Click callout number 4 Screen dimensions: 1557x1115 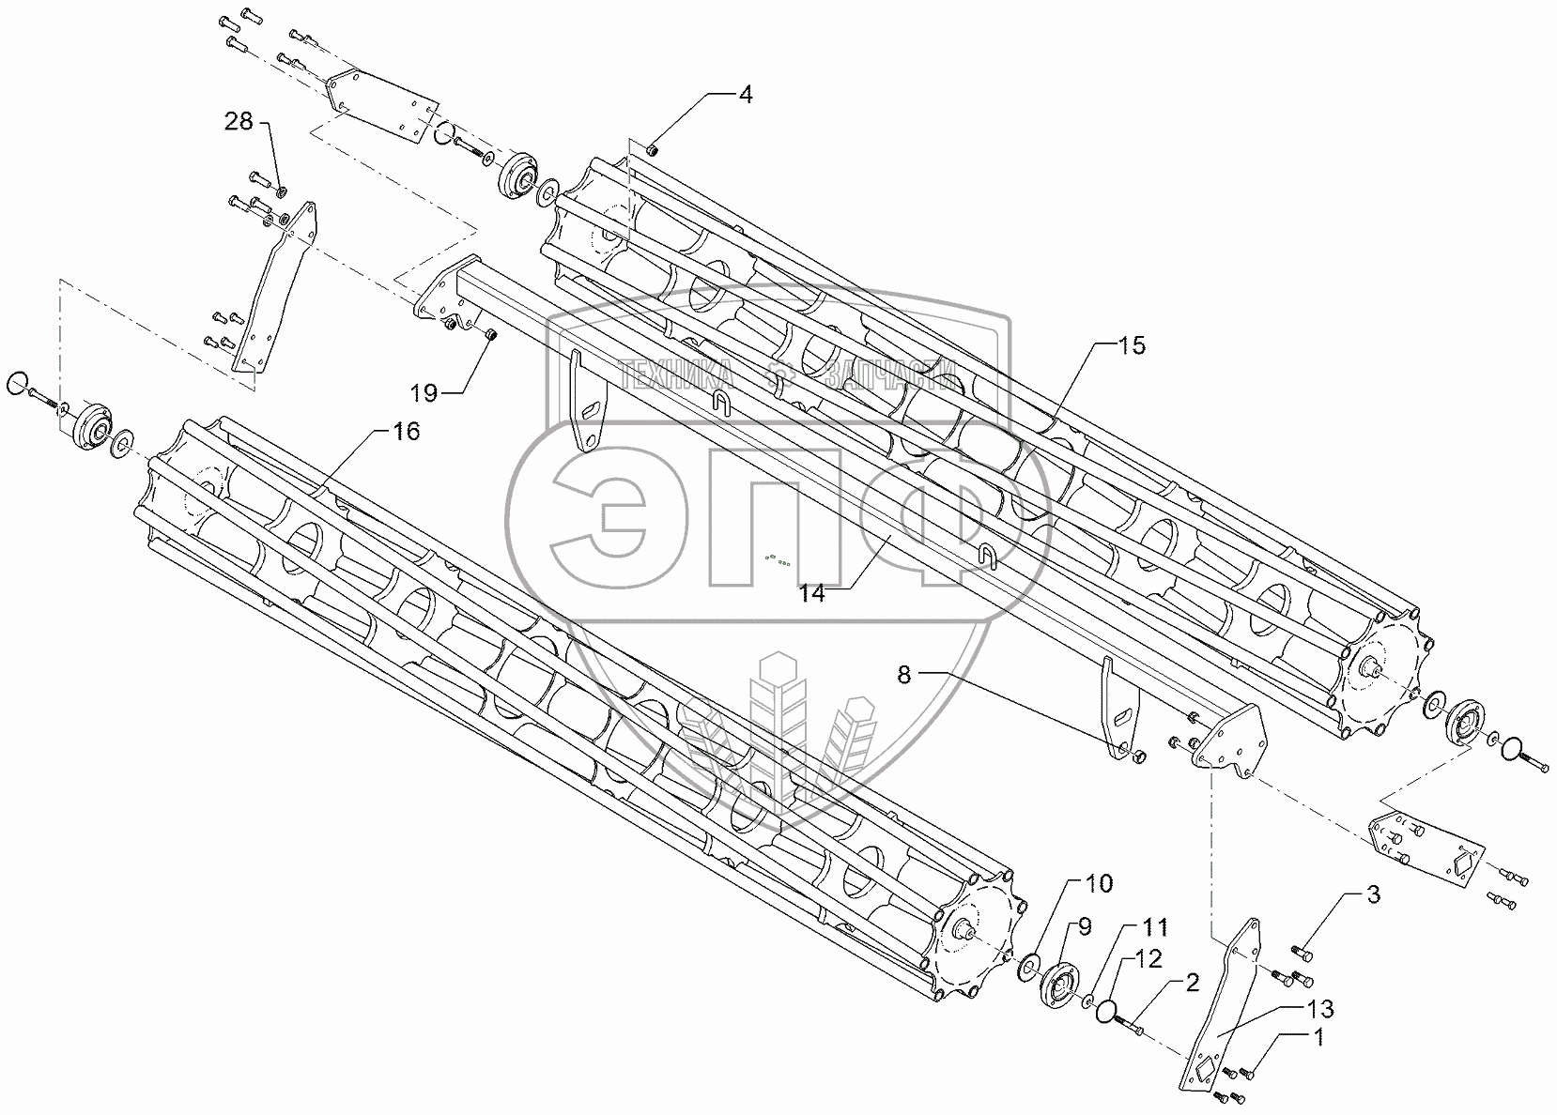coord(745,94)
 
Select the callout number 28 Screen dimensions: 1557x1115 coord(239,122)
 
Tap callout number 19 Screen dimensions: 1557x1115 coord(425,393)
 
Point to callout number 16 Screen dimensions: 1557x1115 coord(406,432)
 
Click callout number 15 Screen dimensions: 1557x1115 coord(1133,346)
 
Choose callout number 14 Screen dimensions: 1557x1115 coord(812,593)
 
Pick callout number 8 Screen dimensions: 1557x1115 coord(903,675)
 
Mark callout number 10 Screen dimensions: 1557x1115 coord(1099,883)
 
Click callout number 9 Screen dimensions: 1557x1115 coord(1084,927)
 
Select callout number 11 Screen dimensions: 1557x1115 coord(1155,927)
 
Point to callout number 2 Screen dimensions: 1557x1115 coord(1193,984)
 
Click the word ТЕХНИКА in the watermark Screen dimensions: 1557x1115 coord(675,376)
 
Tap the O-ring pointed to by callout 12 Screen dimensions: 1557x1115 coord(1108,1011)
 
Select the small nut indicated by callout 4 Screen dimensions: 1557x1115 coord(654,149)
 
